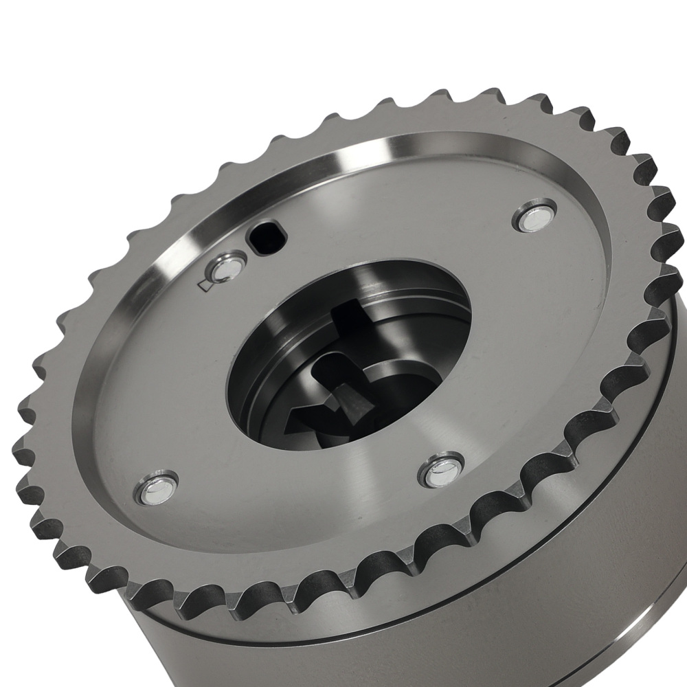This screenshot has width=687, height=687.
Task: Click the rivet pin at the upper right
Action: pos(536,215)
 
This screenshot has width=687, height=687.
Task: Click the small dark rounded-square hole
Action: pos(263,236)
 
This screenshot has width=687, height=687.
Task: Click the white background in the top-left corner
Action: pos(41,41)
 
